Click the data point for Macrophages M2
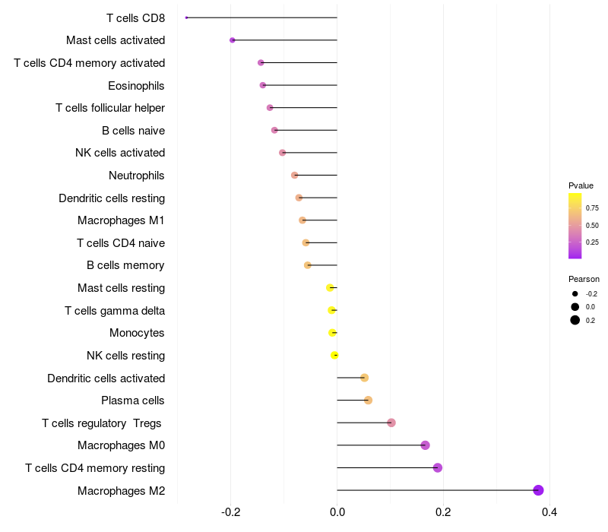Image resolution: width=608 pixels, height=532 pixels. point(539,490)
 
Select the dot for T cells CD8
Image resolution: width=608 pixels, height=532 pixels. point(186,17)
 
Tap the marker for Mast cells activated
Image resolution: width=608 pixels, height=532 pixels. point(233,40)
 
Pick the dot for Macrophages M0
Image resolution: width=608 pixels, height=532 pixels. point(425,445)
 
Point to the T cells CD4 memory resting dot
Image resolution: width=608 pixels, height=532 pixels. point(438,467)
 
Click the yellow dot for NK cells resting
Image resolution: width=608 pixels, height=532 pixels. point(335,355)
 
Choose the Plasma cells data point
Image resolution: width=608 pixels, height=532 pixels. point(368,401)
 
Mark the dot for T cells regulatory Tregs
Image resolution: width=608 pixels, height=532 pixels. point(391,423)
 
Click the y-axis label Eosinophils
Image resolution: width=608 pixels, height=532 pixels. point(136,85)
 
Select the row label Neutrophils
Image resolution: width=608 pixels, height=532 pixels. point(137,176)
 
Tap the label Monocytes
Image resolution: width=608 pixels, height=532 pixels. point(137,333)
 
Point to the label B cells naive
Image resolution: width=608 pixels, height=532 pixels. point(133,131)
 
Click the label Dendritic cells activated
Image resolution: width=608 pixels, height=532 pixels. point(106,378)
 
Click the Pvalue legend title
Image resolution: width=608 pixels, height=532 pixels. point(581,185)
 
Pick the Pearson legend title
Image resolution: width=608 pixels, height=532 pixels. point(584,279)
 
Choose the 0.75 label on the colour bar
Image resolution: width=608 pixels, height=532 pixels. point(592,207)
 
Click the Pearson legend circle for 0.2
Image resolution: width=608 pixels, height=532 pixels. point(575,320)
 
